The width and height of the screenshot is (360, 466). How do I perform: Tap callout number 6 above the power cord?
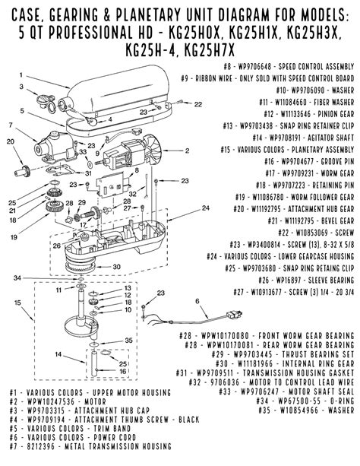coord(197,302)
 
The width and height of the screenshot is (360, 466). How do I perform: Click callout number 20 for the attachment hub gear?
coord(10,140)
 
